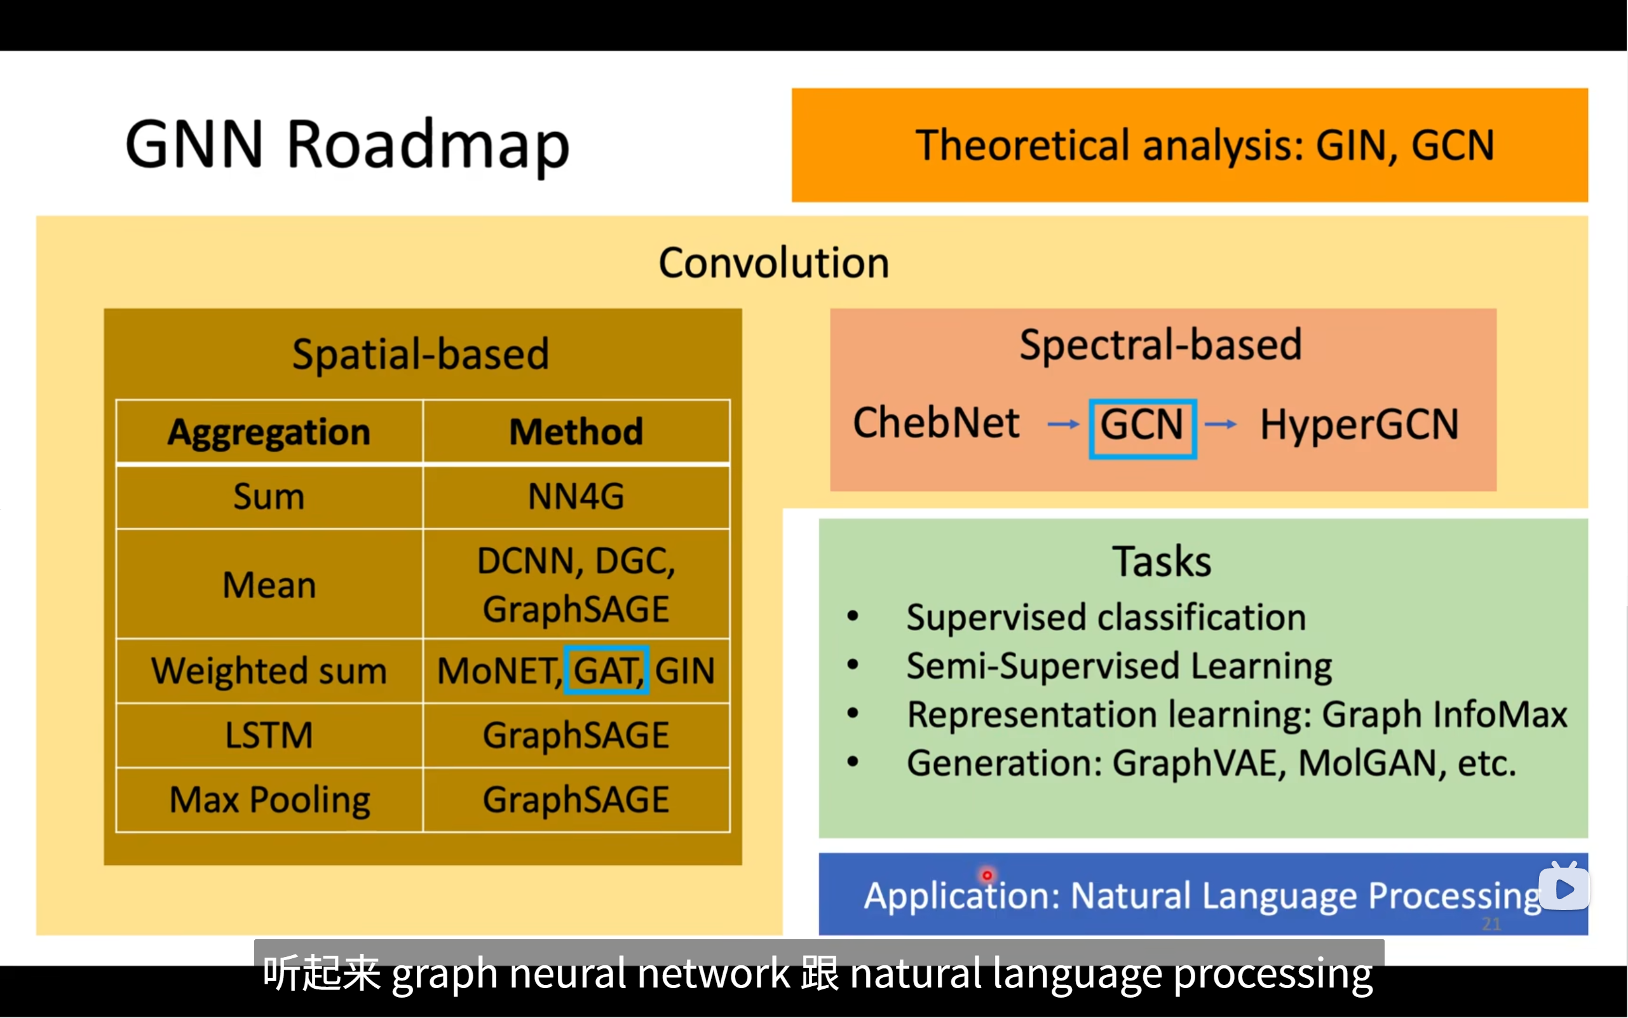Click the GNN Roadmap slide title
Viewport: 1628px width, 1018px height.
pyautogui.click(x=348, y=145)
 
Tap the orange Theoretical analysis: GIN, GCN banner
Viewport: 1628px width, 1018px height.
pyautogui.click(x=1189, y=145)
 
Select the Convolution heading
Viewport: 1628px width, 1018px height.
pyautogui.click(x=773, y=262)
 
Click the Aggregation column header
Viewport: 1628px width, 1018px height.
pyautogui.click(x=269, y=431)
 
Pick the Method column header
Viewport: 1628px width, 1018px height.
pyautogui.click(x=576, y=431)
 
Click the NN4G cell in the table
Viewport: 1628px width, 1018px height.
pyautogui.click(x=576, y=497)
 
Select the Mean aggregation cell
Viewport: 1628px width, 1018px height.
pyautogui.click(x=269, y=585)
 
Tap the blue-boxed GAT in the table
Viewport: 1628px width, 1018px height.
pyautogui.click(x=606, y=670)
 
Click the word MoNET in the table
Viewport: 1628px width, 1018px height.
pyautogui.click(x=497, y=670)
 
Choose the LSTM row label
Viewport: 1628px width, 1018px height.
pyautogui.click(x=269, y=735)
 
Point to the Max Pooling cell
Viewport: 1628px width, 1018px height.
pyautogui.click(x=269, y=800)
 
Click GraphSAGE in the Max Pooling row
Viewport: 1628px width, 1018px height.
pyautogui.click(x=576, y=800)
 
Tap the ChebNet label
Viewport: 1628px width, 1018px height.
pyautogui.click(x=936, y=423)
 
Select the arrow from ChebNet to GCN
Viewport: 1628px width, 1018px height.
pyautogui.click(x=1063, y=424)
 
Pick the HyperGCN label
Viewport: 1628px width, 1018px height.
pyautogui.click(x=1359, y=425)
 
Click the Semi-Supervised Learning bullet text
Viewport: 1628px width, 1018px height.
pyautogui.click(x=1119, y=666)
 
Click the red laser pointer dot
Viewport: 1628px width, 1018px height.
pyautogui.click(x=987, y=875)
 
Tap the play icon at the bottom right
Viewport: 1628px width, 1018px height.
pyautogui.click(x=1564, y=889)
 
